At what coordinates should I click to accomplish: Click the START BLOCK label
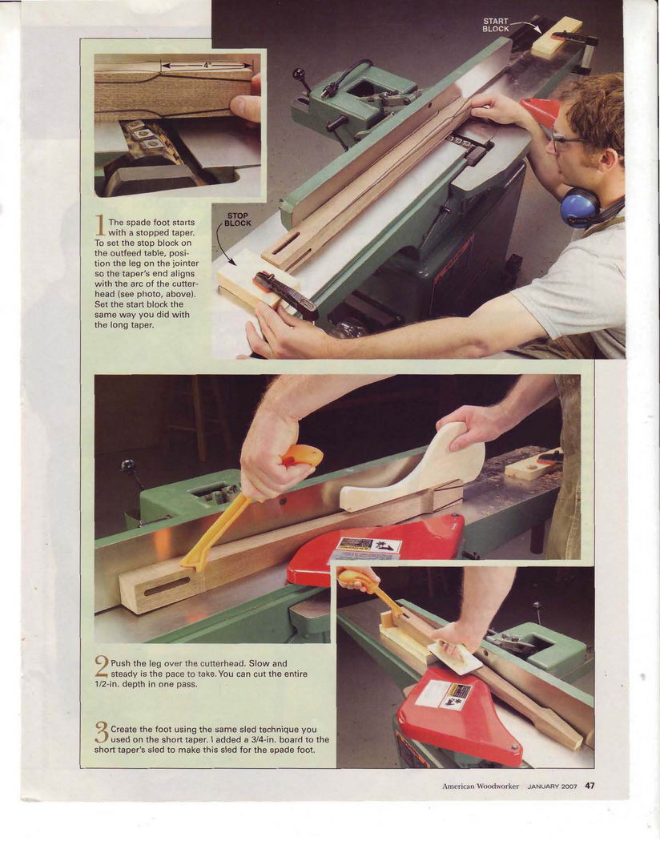(x=496, y=25)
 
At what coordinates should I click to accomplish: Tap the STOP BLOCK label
(x=238, y=219)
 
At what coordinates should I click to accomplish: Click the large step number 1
(x=100, y=225)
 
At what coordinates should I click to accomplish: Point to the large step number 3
(x=102, y=732)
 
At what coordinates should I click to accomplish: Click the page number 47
(x=590, y=786)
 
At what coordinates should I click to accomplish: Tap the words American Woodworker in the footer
(x=481, y=787)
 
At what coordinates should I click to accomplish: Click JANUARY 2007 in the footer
(x=552, y=787)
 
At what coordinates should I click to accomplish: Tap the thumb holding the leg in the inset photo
(x=246, y=107)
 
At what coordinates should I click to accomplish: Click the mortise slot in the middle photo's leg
(x=167, y=585)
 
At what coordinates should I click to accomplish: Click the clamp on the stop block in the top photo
(x=285, y=294)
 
